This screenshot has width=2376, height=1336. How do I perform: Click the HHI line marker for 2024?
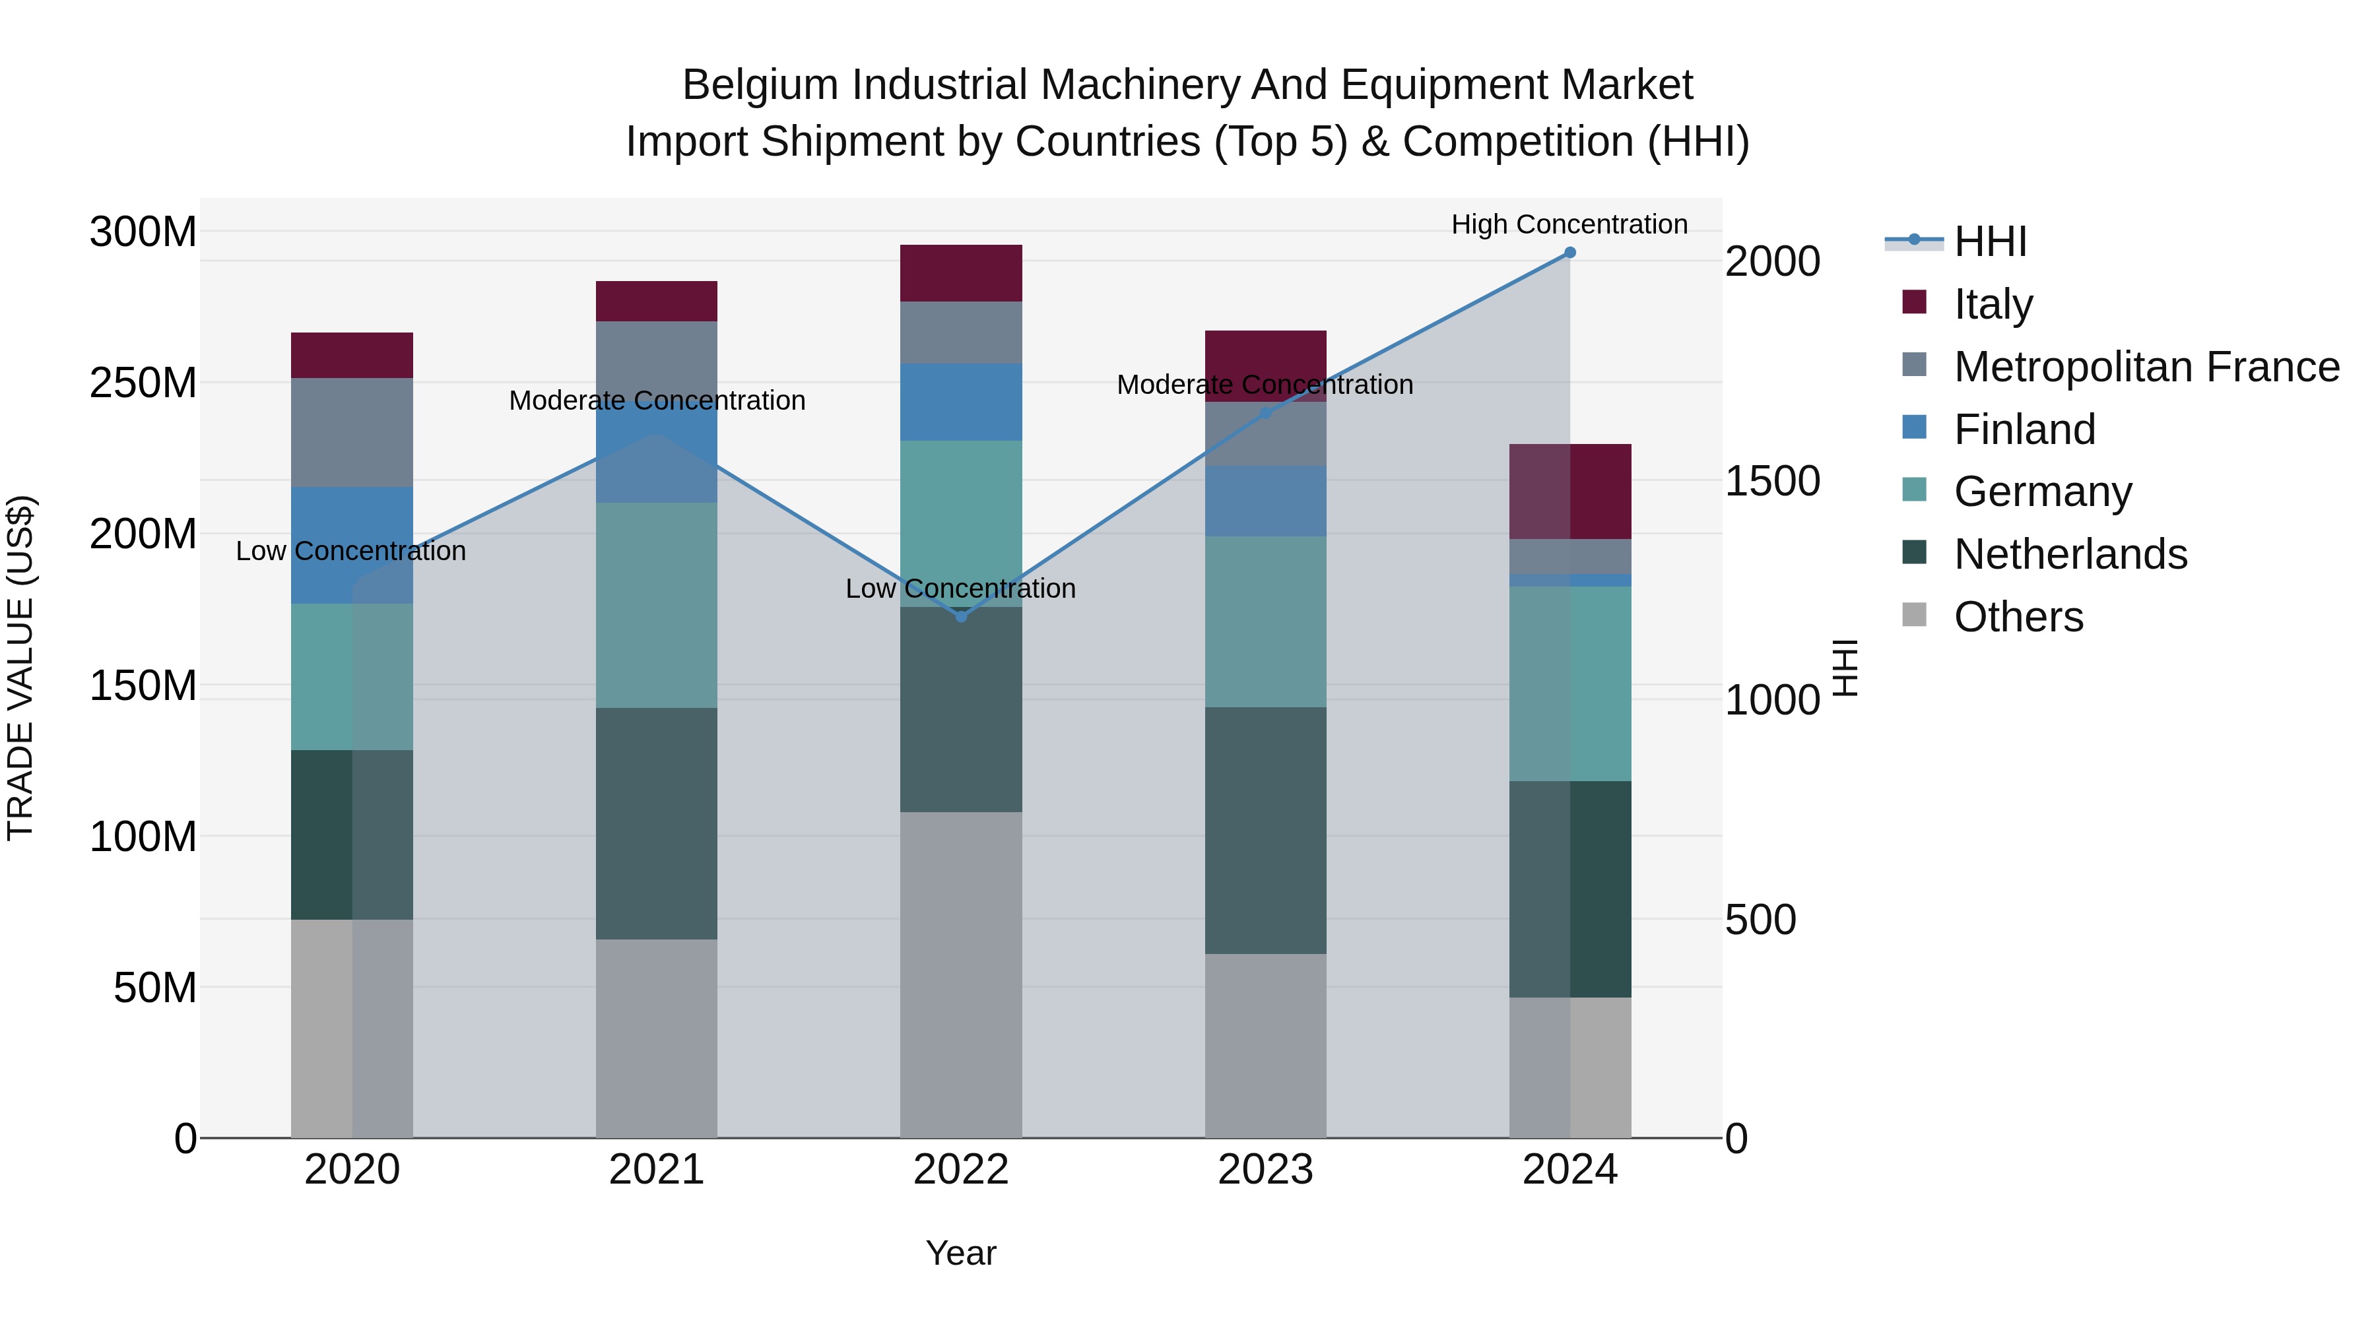point(1570,253)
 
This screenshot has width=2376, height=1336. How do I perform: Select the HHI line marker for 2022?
point(961,617)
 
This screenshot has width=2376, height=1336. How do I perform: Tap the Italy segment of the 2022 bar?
point(961,273)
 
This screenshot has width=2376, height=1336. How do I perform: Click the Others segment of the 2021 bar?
point(657,1038)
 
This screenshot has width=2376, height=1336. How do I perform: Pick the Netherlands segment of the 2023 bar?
point(1265,830)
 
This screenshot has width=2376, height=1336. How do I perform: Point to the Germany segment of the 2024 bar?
point(1570,684)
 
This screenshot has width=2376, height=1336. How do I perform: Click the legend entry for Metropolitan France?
point(2146,367)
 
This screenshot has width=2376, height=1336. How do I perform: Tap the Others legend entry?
point(2018,617)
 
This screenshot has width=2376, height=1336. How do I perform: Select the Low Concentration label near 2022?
point(960,588)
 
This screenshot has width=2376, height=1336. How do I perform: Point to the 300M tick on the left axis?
point(143,232)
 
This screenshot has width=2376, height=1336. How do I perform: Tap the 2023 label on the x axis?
point(1265,1170)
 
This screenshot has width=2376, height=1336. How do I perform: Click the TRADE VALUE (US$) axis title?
point(21,668)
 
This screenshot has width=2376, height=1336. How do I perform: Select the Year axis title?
point(961,1253)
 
